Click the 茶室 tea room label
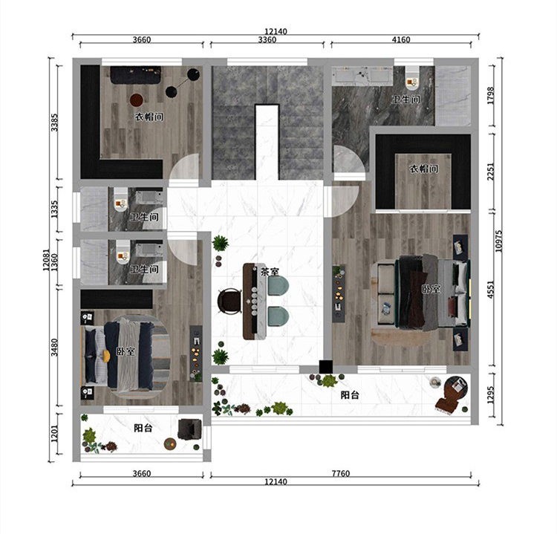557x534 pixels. click(x=270, y=272)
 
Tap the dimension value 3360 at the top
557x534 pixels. click(x=267, y=40)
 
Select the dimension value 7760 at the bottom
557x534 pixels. click(x=341, y=473)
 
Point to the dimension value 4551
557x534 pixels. click(x=491, y=290)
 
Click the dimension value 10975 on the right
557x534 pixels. click(x=499, y=241)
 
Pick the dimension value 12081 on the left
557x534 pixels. click(x=47, y=260)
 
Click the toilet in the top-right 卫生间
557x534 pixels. click(x=412, y=78)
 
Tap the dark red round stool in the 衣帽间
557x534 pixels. click(x=137, y=100)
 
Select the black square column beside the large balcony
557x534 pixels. click(x=325, y=367)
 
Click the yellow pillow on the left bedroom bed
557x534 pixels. click(x=106, y=356)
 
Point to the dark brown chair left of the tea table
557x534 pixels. click(x=229, y=302)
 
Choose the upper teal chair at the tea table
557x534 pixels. click(x=278, y=286)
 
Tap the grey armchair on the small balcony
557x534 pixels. click(x=189, y=429)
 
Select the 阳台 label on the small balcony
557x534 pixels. click(x=143, y=428)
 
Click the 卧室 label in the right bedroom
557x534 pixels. click(x=431, y=289)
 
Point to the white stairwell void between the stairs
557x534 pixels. click(x=267, y=142)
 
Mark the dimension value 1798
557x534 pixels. click(x=491, y=96)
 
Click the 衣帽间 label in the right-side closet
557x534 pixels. click(x=424, y=169)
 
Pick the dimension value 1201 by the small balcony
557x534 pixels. click(x=54, y=434)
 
